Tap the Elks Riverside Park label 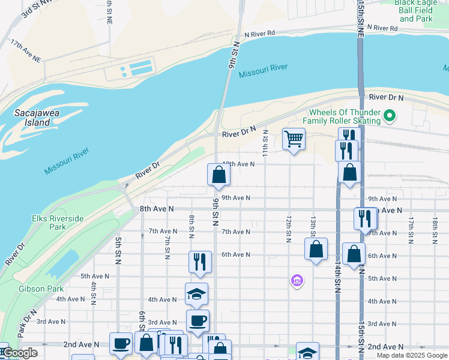point(58,223)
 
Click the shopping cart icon point(294,139)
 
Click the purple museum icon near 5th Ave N point(297,280)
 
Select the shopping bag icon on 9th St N point(219,175)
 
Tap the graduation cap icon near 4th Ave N point(196,294)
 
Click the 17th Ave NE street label point(25,51)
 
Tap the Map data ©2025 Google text point(412,355)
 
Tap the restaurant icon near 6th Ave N point(200,262)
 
